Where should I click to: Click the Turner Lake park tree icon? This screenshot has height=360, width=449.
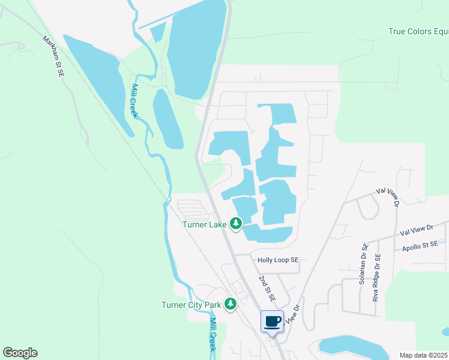tap(236, 224)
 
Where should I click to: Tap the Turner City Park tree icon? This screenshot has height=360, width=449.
tap(230, 304)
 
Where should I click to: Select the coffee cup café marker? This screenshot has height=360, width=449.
tap(272, 321)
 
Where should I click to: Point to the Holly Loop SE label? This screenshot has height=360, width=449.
tap(278, 260)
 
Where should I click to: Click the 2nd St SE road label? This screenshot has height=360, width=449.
tap(268, 289)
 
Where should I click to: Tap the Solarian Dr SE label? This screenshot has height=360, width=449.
tap(364, 263)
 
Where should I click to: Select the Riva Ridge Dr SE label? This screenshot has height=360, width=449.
tap(376, 277)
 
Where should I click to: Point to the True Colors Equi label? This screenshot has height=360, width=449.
tap(418, 32)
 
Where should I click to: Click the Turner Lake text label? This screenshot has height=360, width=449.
tap(205, 225)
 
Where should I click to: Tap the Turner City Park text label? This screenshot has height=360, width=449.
tap(191, 305)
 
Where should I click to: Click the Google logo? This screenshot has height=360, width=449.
tap(20, 353)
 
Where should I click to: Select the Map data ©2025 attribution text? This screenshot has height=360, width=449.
tap(423, 355)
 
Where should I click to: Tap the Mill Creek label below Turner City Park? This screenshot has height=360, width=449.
tap(212, 334)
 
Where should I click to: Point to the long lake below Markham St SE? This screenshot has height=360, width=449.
tap(98, 81)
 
